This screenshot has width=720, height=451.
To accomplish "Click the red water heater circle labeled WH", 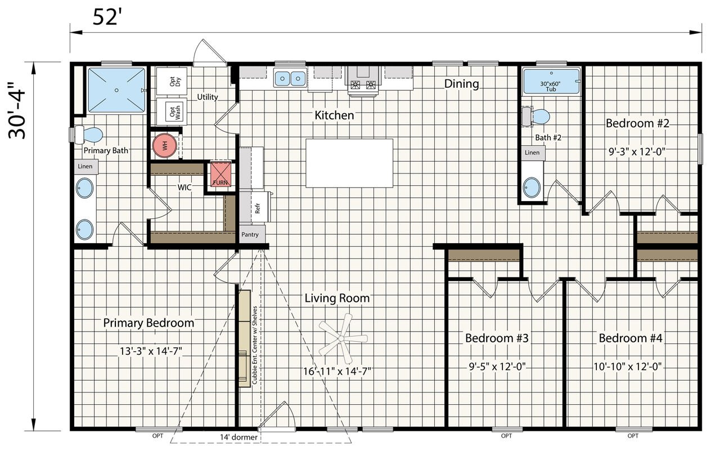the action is [x=165, y=145].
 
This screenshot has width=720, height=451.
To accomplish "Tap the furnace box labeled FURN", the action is [x=220, y=174].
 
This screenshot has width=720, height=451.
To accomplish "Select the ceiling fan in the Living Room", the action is [x=343, y=338].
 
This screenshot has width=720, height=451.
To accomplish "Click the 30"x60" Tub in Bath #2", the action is [x=551, y=82].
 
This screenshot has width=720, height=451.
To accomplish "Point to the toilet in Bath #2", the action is [x=536, y=117].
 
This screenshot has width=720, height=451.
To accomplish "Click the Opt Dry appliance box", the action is [x=172, y=81].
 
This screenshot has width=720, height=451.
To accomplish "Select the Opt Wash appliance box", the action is [x=172, y=111].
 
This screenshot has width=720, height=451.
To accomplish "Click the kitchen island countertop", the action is [x=349, y=163].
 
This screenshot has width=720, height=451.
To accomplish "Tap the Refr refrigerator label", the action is [x=257, y=208].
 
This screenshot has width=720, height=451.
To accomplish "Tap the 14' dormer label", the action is [x=238, y=437].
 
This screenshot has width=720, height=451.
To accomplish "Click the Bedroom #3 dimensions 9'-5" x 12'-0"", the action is [x=497, y=367].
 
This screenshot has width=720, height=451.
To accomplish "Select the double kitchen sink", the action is [x=290, y=78].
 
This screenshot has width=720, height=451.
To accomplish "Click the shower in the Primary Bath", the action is [x=116, y=90].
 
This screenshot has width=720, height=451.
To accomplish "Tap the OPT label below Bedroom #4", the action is [x=633, y=436].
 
